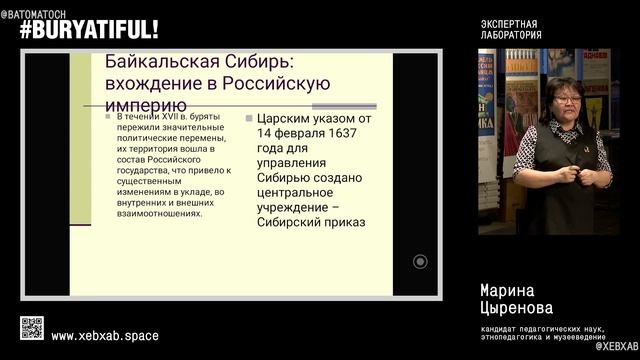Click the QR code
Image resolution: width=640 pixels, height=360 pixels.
coord(32,328)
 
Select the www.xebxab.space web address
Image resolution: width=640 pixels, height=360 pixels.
coord(104,336)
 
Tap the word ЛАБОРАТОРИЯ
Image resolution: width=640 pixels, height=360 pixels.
coord(511,35)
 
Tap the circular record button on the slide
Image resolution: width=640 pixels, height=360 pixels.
coord(420,261)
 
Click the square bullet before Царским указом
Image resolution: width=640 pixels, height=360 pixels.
coord(248,117)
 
